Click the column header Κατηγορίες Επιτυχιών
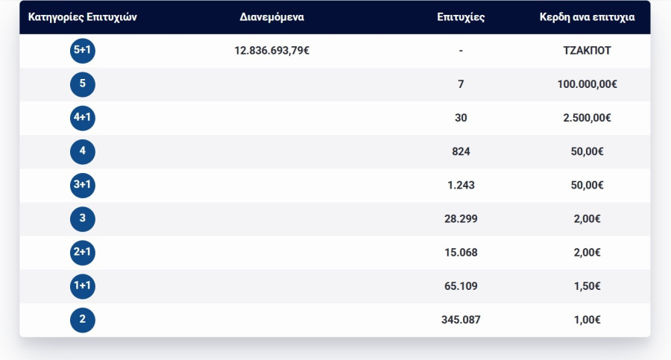point(82,17)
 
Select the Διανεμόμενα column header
point(272,17)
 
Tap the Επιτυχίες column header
point(461,17)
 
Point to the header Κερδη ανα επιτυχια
point(587,17)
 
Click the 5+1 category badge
point(83,51)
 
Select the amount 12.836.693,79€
point(272,51)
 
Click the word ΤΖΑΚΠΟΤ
point(587,51)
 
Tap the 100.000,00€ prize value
point(587,84)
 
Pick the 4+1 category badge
point(83,118)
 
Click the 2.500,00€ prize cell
point(587,118)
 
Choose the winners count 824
point(461,151)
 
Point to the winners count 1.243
point(461,185)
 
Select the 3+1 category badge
point(83,185)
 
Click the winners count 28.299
point(461,219)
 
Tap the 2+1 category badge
point(83,253)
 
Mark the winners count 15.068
point(461,253)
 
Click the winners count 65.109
point(461,286)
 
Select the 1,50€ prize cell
point(587,286)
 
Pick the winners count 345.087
point(461,320)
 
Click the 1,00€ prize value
point(587,320)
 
